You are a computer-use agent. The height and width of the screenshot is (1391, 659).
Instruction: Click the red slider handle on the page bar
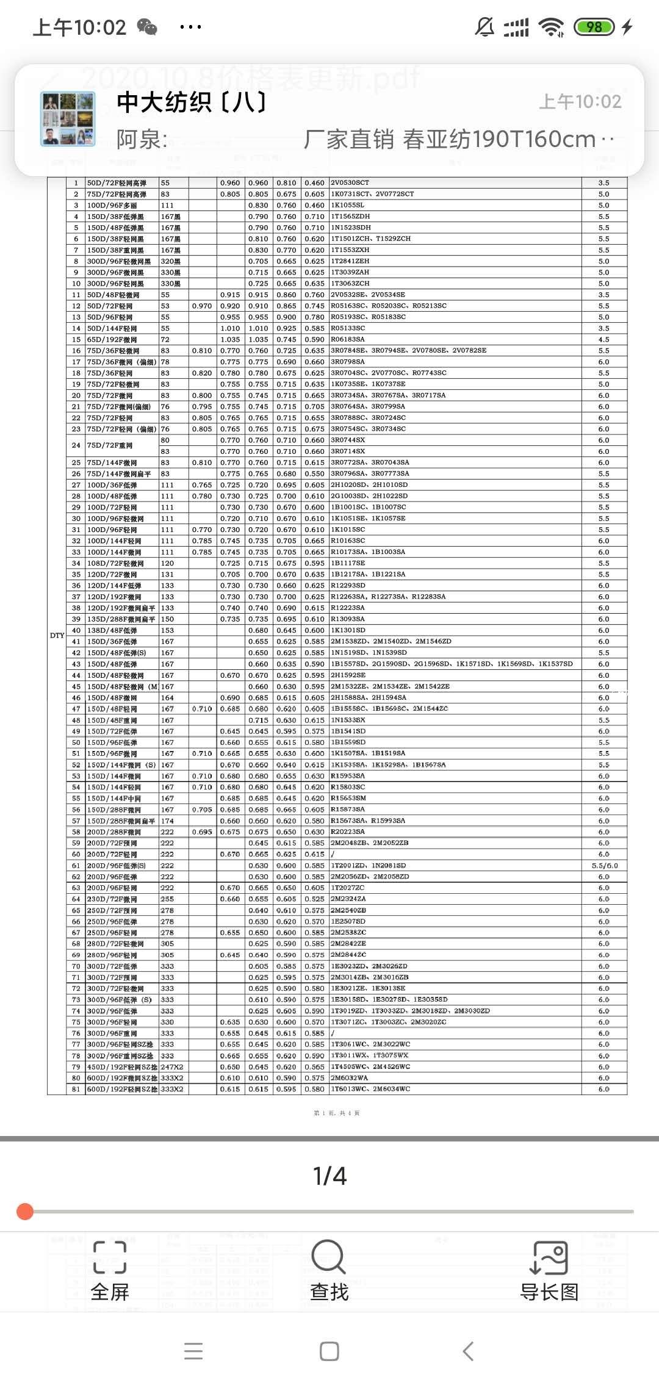click(x=25, y=1211)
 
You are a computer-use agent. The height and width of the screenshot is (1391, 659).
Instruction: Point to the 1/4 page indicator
click(x=329, y=1176)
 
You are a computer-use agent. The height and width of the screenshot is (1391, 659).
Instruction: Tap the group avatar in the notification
click(x=68, y=119)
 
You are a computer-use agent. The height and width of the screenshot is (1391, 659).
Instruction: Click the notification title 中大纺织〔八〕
click(x=192, y=102)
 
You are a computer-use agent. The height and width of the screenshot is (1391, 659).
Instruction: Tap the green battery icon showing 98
click(x=594, y=27)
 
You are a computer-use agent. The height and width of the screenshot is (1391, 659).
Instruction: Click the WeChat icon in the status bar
click(x=147, y=27)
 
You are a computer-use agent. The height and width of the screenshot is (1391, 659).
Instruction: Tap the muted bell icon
click(x=484, y=27)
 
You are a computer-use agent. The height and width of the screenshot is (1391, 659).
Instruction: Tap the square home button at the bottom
click(x=329, y=1351)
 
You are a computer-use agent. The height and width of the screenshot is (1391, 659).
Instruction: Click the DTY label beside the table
click(x=57, y=636)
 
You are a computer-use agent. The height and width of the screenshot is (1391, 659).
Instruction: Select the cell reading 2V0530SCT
click(x=350, y=183)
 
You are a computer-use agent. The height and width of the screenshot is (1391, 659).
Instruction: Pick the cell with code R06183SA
click(x=348, y=339)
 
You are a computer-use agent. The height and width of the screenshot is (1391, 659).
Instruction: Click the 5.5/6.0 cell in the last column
click(x=604, y=866)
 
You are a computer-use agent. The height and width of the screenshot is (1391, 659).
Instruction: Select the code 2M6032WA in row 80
click(x=350, y=1078)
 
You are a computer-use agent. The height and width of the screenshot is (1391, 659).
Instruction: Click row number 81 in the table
click(x=76, y=1089)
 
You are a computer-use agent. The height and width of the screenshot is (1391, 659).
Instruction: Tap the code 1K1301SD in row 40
click(x=348, y=630)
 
